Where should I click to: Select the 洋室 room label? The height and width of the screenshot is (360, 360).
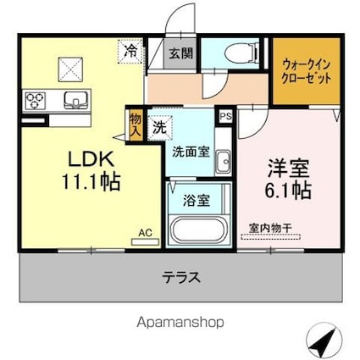(284, 167)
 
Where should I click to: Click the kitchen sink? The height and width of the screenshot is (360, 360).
(75, 101)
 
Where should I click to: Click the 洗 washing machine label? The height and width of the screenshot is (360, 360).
(159, 129)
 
